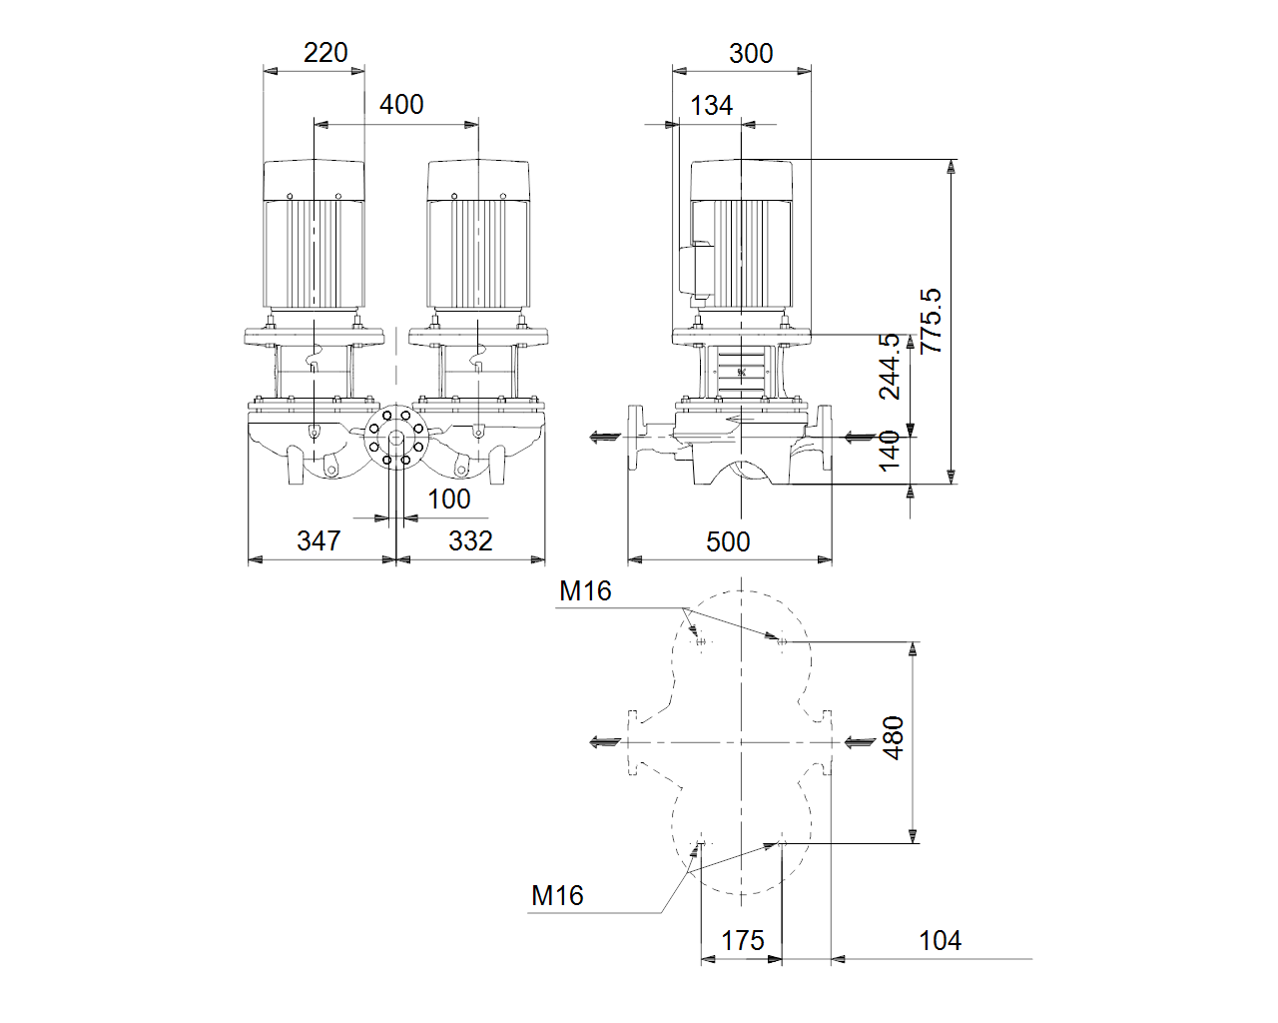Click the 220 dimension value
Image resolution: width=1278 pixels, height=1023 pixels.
[325, 53]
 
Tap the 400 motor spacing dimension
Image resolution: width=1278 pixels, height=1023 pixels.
[401, 105]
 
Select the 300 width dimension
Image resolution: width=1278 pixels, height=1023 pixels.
[751, 54]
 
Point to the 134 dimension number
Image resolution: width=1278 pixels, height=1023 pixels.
[712, 107]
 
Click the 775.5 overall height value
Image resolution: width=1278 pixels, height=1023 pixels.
[932, 321]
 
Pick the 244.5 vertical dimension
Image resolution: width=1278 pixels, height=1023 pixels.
[889, 367]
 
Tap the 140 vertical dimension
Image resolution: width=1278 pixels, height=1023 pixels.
[889, 452]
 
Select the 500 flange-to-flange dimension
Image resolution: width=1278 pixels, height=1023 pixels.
[728, 542]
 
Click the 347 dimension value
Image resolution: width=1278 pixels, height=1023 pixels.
[319, 541]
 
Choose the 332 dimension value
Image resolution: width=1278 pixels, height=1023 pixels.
[470, 541]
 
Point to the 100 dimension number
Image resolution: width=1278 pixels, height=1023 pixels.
[449, 500]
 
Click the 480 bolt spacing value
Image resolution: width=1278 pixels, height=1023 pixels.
[894, 738]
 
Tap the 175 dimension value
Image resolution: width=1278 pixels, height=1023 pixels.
[742, 941]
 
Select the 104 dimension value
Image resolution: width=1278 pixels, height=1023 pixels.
[941, 941]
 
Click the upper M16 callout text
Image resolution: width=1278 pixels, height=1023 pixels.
[585, 591]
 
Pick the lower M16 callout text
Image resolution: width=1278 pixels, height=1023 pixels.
[558, 896]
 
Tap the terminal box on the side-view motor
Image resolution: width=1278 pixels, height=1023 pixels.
[696, 271]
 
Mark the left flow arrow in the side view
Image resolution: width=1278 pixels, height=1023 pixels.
[605, 438]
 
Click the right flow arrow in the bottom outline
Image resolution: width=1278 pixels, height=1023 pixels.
[860, 742]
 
